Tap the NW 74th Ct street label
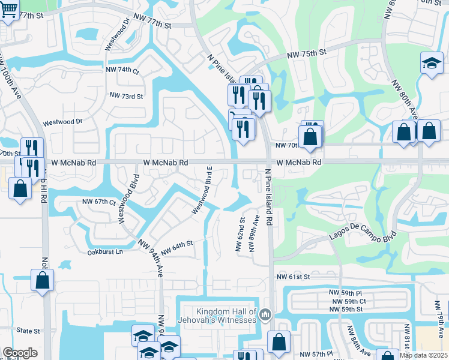[x=124, y=71]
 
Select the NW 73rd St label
[x=126, y=96]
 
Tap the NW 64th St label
[x=176, y=246]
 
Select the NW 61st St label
[x=293, y=277]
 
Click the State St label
[x=28, y=331]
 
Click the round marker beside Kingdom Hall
[x=266, y=315]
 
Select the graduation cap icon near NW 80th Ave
[x=431, y=63]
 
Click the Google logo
[x=20, y=352]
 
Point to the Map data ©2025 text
[x=424, y=355]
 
